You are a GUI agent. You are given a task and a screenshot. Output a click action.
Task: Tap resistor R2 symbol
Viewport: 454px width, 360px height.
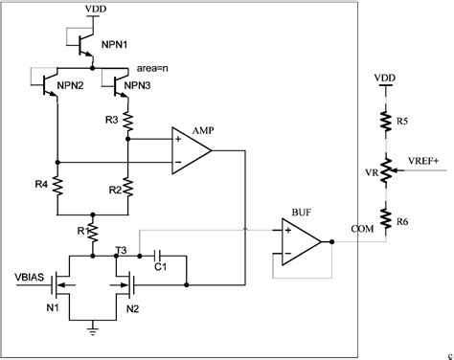coord(127,188)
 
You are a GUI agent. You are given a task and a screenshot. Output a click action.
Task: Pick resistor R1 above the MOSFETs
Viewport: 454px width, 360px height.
coord(92,231)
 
